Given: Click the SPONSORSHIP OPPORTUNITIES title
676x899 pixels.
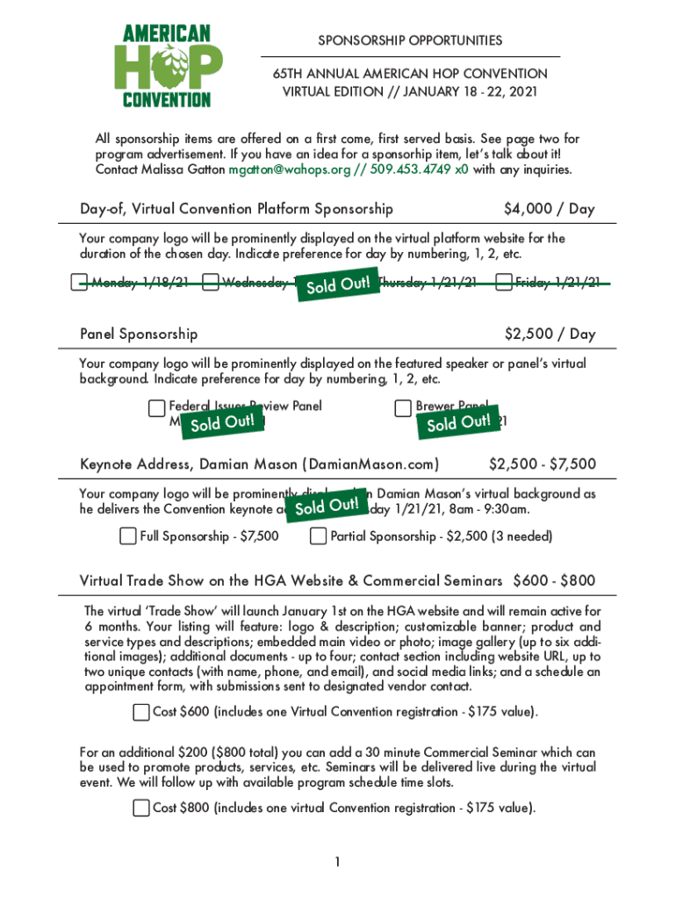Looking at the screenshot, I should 410,40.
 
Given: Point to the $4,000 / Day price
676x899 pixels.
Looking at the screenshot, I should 549,209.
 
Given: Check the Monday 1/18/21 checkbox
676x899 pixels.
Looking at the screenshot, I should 80,283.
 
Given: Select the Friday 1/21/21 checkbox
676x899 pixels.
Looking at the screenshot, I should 503,283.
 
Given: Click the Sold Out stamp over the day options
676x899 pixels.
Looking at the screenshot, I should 338,285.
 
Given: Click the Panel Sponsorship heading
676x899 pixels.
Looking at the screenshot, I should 139,334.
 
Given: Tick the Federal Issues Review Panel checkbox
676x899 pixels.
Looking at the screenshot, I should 156,407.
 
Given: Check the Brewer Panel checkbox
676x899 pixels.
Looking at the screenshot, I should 403,407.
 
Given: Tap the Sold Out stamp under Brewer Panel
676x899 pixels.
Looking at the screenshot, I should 458,422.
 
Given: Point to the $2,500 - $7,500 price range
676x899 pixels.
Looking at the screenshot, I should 542,464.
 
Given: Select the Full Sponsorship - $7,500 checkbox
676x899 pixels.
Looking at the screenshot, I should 128,536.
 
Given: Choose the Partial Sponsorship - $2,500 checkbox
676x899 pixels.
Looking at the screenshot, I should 319,536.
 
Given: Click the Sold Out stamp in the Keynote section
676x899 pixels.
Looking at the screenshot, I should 327,507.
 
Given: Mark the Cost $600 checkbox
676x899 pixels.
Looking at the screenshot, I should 141,712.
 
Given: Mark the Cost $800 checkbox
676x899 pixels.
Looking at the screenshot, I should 141,808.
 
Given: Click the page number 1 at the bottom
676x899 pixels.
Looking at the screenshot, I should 337,862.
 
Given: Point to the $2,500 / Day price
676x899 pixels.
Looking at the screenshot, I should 550,334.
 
